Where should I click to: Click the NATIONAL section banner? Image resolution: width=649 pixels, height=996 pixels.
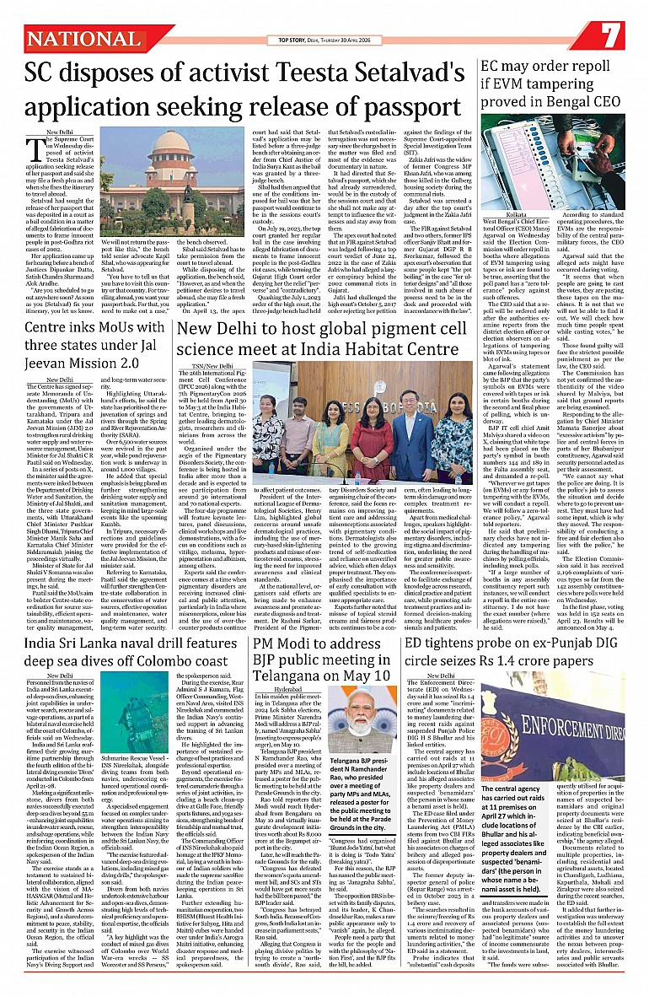click(x=84, y=39)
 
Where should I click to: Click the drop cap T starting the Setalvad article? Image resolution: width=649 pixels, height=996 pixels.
click(x=35, y=151)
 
